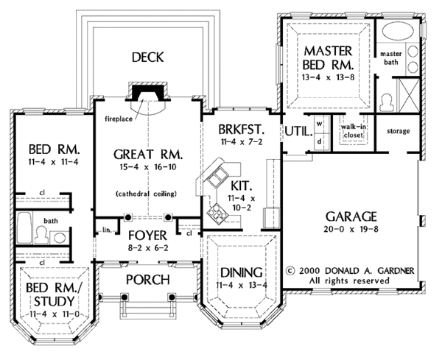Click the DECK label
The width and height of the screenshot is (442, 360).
pos(147,57)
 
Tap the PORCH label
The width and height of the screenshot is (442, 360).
pos(147,280)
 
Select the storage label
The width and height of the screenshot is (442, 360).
pos(398,131)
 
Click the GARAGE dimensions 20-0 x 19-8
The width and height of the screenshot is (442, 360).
pos(349,231)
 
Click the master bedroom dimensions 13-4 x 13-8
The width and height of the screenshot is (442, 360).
pos(326,73)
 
